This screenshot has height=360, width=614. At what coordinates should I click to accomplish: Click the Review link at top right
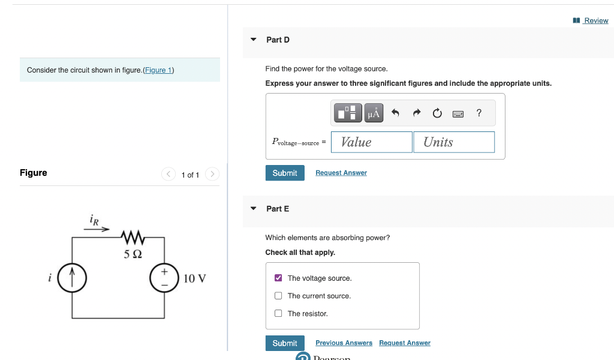pyautogui.click(x=595, y=20)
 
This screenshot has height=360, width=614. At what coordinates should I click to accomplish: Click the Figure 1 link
pyautogui.click(x=158, y=70)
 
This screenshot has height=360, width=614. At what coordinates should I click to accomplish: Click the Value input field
pyautogui.click(x=371, y=142)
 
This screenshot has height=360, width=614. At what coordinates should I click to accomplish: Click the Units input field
pyautogui.click(x=454, y=142)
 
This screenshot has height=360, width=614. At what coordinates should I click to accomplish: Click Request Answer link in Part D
pyautogui.click(x=341, y=173)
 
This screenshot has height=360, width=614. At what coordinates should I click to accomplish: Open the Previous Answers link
pyautogui.click(x=344, y=343)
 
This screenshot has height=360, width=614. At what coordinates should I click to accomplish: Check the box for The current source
pyautogui.click(x=278, y=296)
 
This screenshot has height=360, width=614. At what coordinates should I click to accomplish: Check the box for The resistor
pyautogui.click(x=278, y=313)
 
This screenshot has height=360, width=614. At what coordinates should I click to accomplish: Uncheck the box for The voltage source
pyautogui.click(x=278, y=278)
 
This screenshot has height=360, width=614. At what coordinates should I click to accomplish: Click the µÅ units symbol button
pyautogui.click(x=374, y=113)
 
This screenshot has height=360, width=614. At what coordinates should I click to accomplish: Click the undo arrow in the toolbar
pyautogui.click(x=395, y=113)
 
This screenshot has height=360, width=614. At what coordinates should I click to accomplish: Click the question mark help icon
pyautogui.click(x=478, y=113)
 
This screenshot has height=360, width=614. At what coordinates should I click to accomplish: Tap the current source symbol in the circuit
pyautogui.click(x=73, y=278)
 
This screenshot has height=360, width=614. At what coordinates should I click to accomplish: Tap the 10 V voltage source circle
pyautogui.click(x=164, y=278)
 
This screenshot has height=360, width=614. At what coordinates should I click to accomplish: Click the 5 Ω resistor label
pyautogui.click(x=133, y=254)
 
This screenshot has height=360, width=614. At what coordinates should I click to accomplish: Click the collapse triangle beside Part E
pyautogui.click(x=253, y=209)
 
